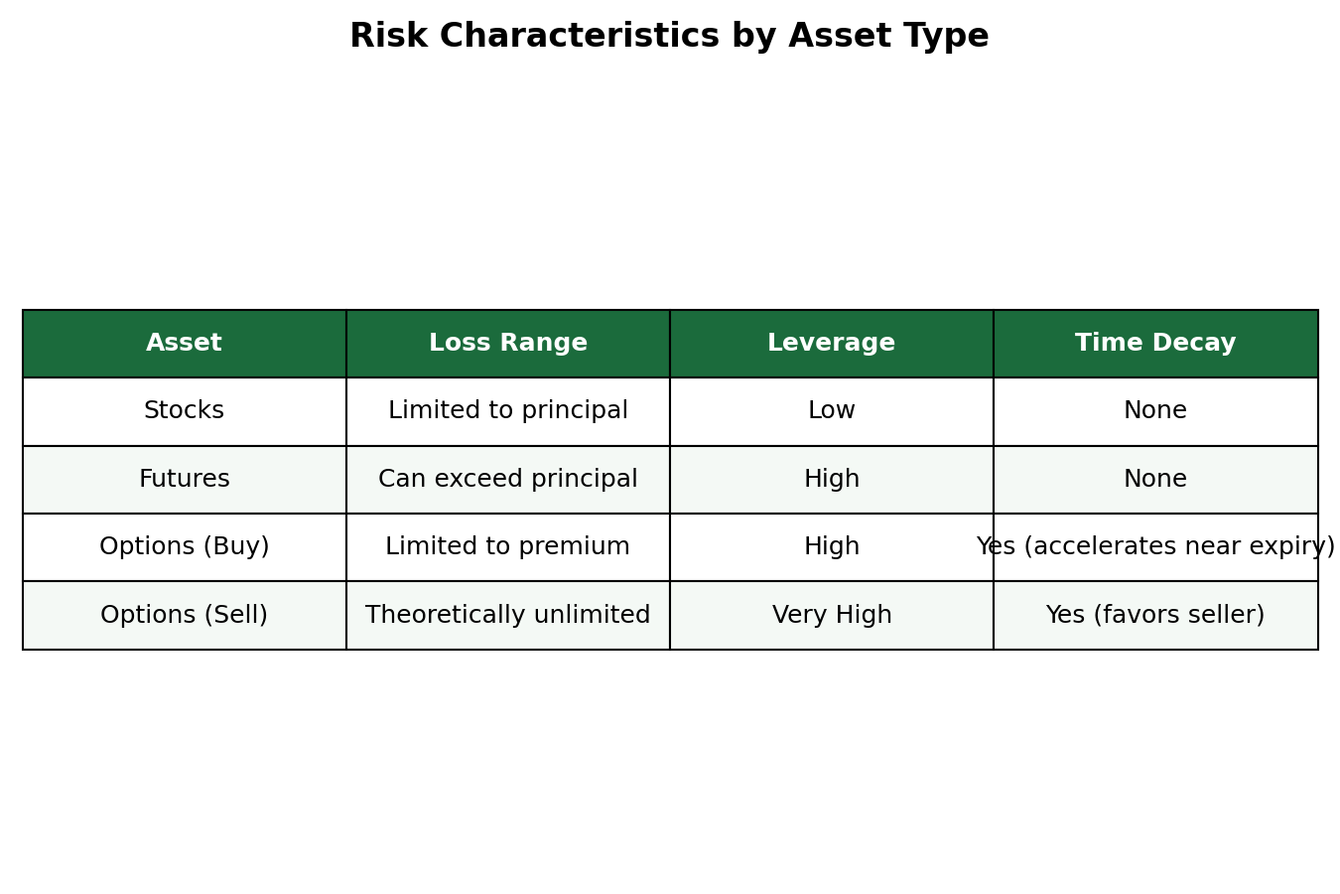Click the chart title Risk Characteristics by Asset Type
[x=669, y=36]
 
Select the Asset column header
[x=185, y=343]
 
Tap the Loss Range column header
[x=508, y=343]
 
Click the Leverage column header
[x=832, y=343]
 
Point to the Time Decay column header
[x=1155, y=343]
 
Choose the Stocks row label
[x=185, y=411]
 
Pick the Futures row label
[x=185, y=479]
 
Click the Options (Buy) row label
[x=185, y=546]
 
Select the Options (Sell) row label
[x=185, y=615]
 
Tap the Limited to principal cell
[x=508, y=411]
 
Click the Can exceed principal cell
[x=508, y=479]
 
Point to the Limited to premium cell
[x=508, y=546]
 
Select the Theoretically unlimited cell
[x=508, y=615]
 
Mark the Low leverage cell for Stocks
[x=832, y=411]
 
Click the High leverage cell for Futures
[x=832, y=479]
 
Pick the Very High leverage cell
[x=832, y=615]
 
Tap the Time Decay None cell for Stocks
[x=1155, y=411]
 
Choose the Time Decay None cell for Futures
[x=1155, y=479]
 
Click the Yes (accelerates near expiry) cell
[x=1155, y=546]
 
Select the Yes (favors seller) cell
[x=1155, y=615]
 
